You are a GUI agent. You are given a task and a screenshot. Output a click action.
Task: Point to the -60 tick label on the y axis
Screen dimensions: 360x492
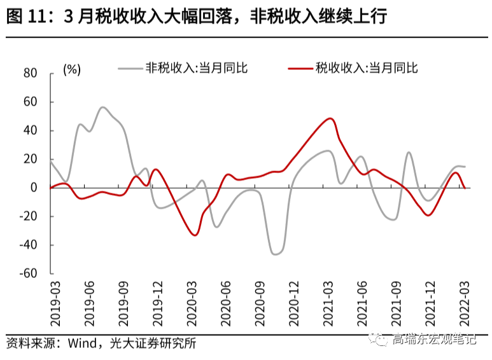coord(29,273)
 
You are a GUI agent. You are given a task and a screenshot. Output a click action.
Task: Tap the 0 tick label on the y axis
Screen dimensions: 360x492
coord(35,188)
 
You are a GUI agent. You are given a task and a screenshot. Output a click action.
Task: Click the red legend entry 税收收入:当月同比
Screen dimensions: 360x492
coord(367,68)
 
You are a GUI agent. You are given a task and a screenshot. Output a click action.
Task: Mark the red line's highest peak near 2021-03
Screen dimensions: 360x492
coord(330,118)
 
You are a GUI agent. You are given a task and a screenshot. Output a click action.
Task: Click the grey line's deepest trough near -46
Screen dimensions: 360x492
coord(276,254)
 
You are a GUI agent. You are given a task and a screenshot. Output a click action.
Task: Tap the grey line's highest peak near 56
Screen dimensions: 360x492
coord(102,107)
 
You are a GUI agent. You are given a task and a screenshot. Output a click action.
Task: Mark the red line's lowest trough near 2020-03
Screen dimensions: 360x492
coord(195,235)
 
